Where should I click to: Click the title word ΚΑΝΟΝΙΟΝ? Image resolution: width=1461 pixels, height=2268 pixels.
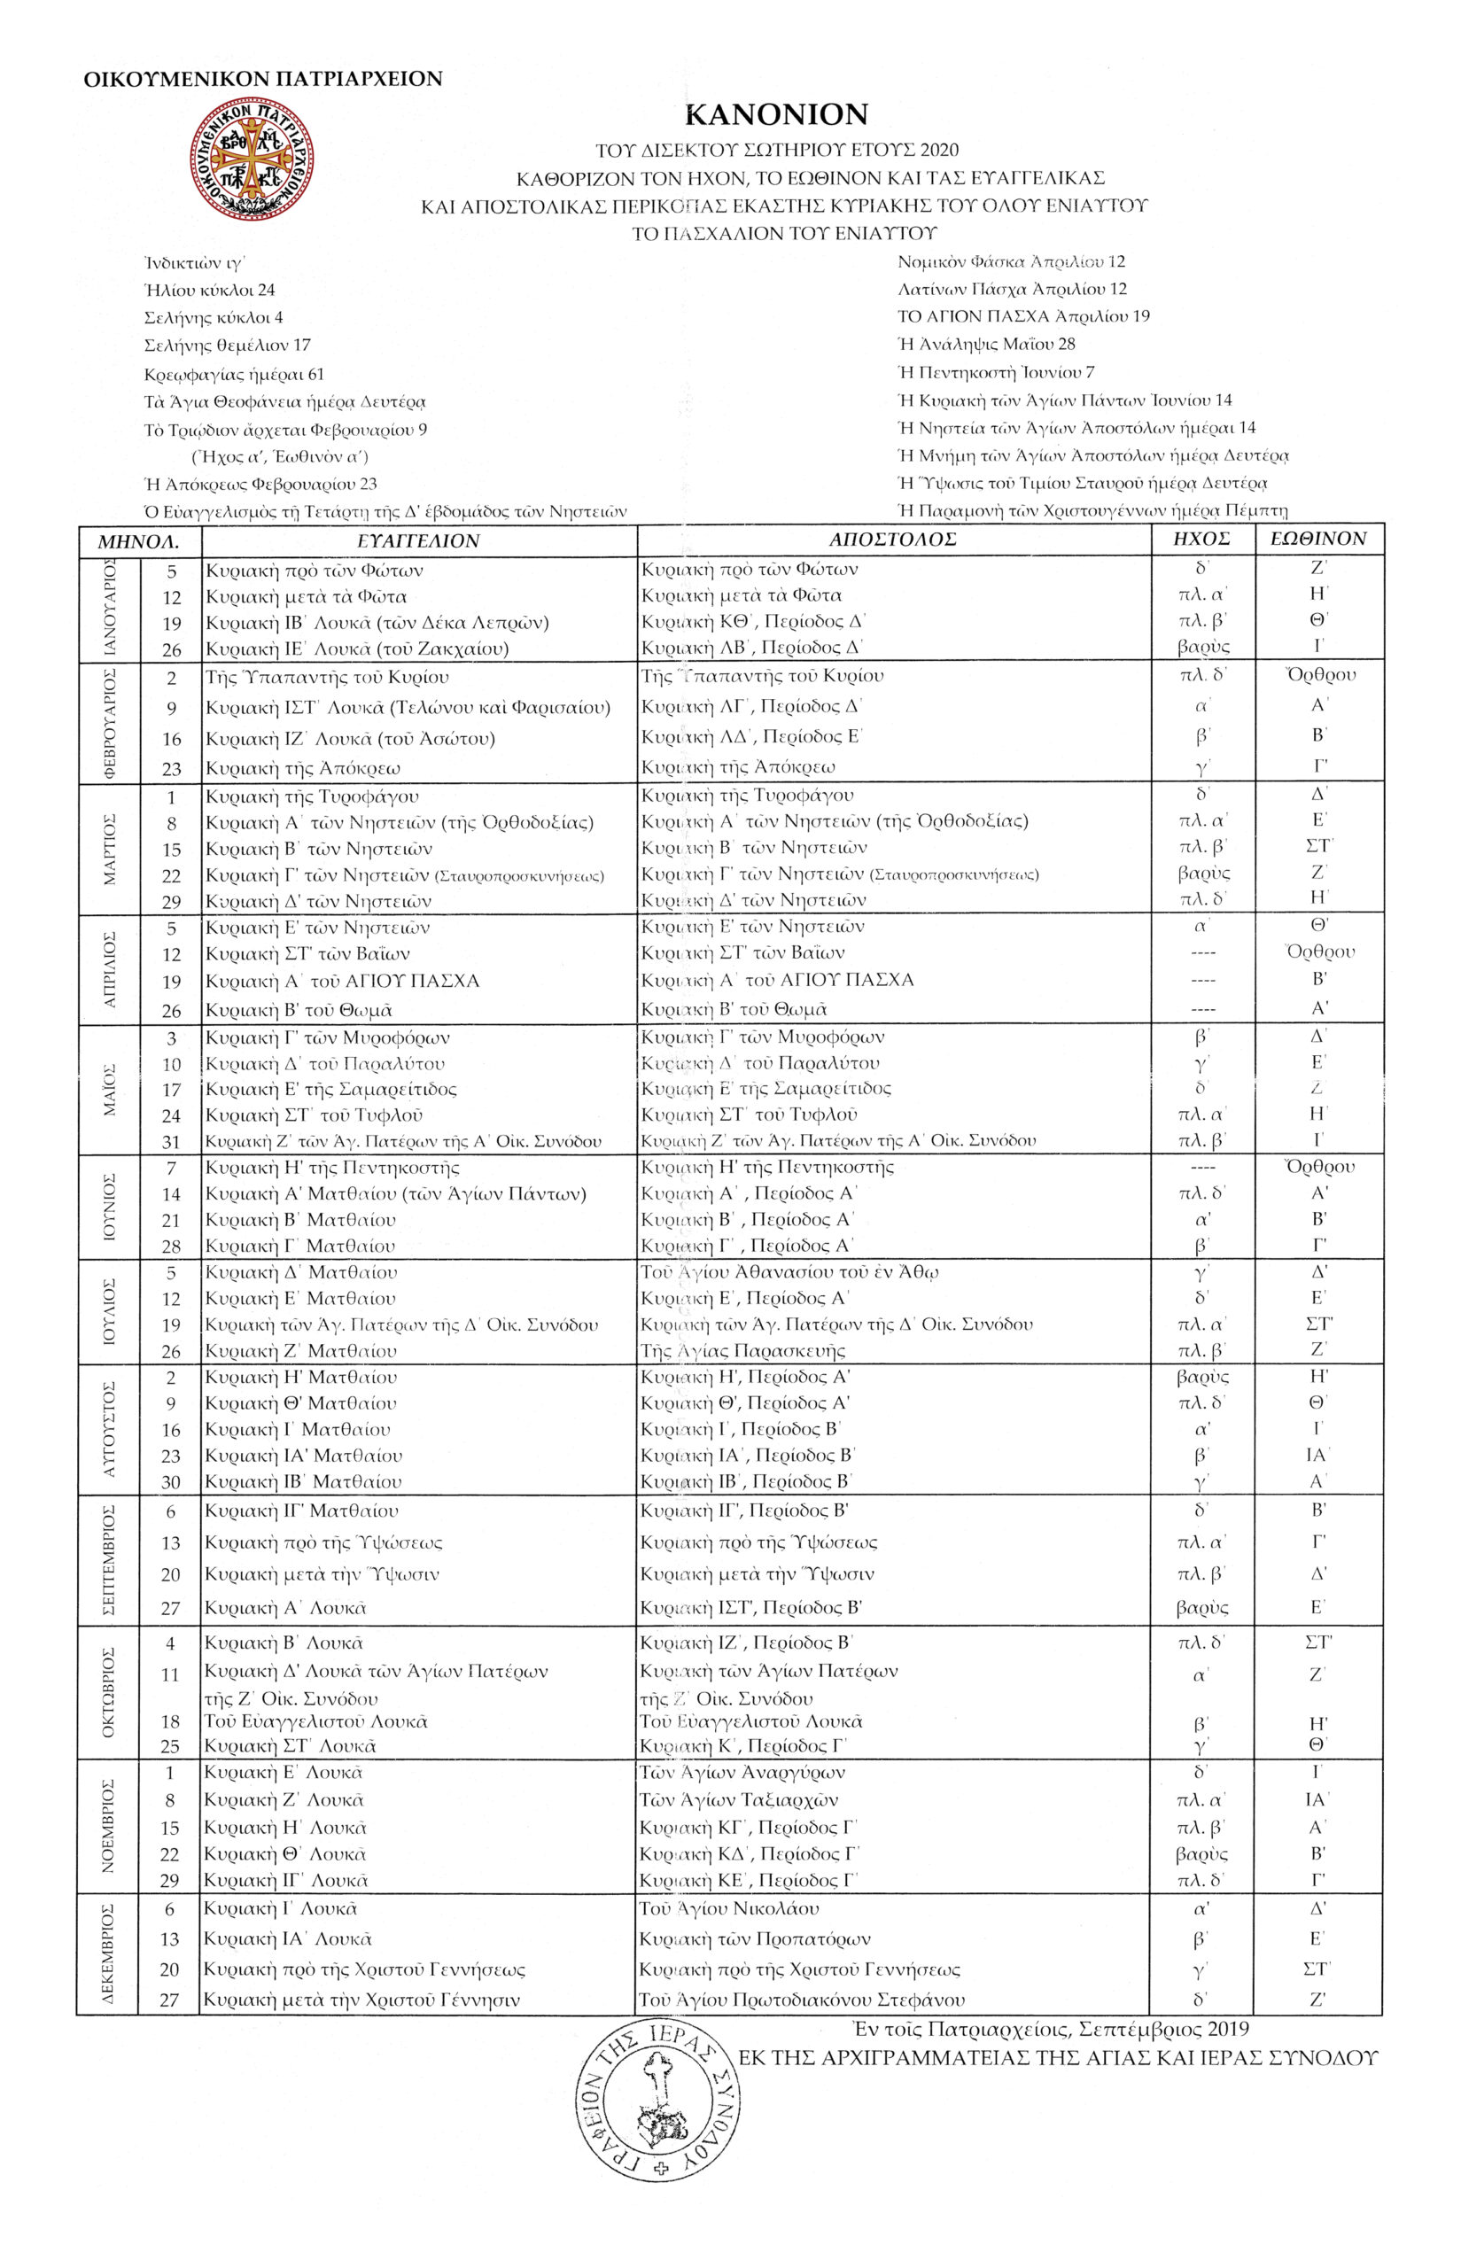(x=776, y=115)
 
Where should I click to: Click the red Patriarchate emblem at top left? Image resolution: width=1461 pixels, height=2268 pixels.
(x=253, y=159)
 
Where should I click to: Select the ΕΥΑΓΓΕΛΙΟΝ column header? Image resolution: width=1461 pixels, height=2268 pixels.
(x=418, y=540)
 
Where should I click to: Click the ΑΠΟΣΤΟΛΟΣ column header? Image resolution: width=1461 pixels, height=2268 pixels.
(x=892, y=540)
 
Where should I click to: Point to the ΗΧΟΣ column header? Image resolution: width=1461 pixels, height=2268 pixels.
(x=1201, y=540)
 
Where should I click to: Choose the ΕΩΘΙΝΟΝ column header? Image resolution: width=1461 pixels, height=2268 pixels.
(x=1317, y=540)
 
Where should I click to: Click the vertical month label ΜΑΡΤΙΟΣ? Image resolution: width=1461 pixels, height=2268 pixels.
(x=110, y=848)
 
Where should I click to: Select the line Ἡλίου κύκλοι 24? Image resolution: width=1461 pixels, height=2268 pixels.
(x=210, y=291)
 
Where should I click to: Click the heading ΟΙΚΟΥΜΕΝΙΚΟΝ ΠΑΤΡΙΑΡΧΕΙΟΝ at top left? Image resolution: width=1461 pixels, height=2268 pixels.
(x=263, y=79)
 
